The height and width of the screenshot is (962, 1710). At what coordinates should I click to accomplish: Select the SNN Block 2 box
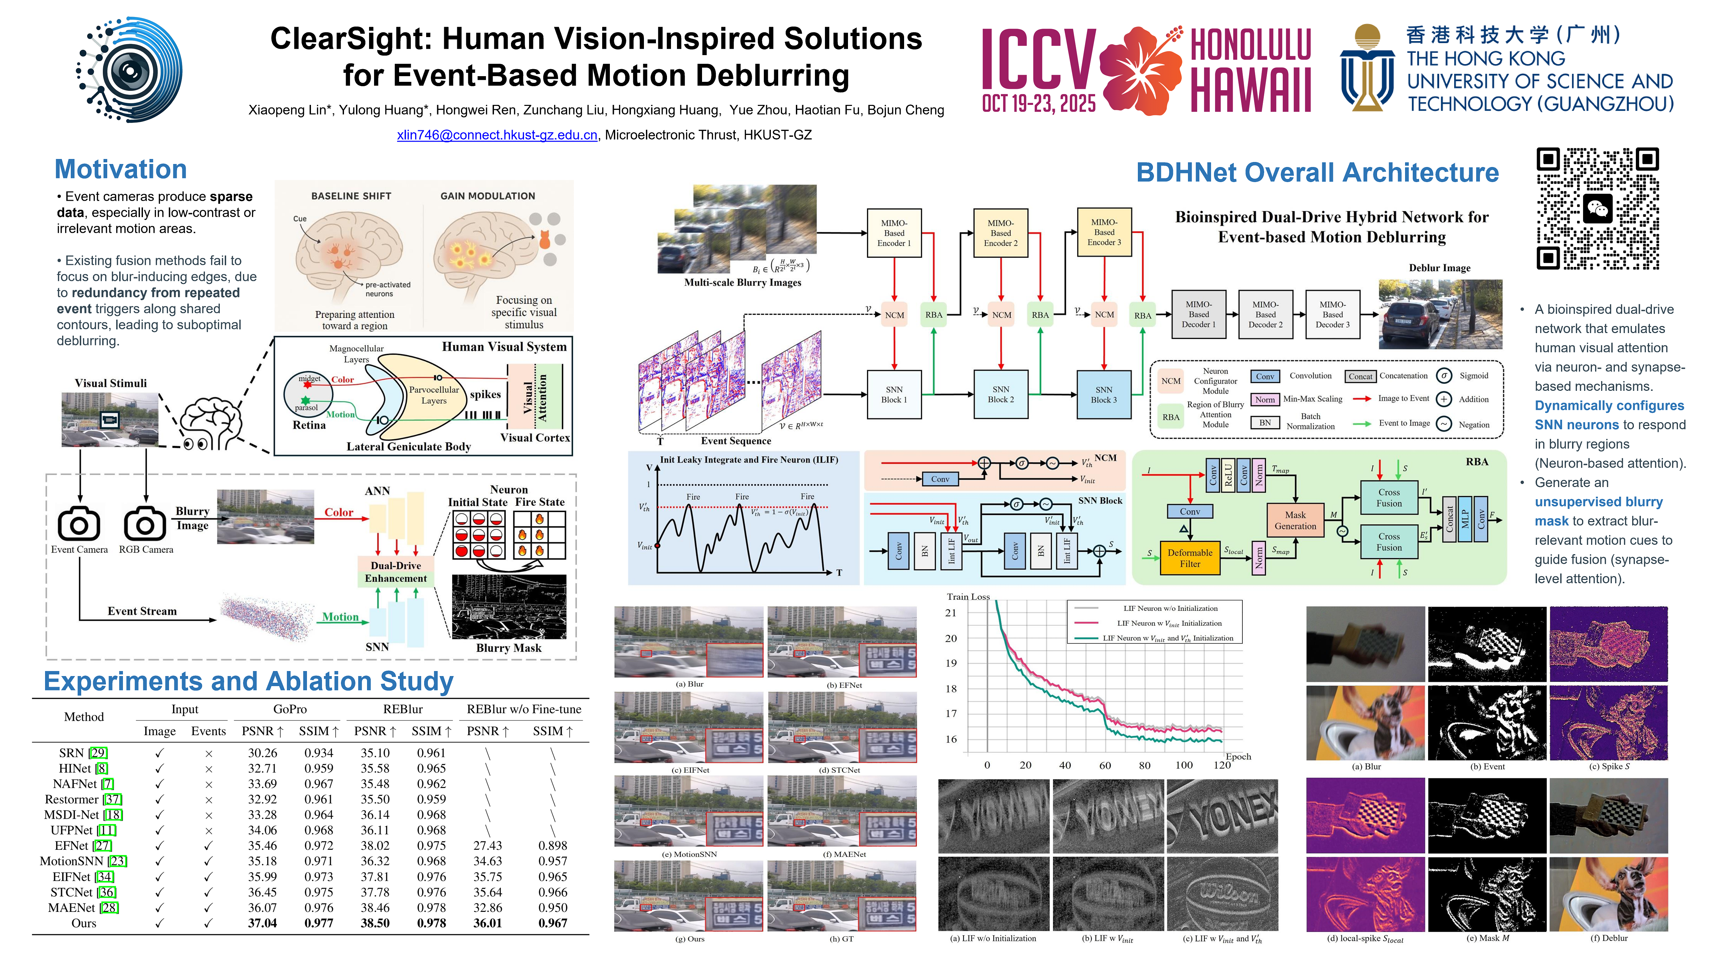click(x=1000, y=394)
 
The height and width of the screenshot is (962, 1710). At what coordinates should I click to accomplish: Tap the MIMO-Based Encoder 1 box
click(x=893, y=233)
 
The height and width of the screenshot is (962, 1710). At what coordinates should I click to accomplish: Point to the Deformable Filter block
click(x=1190, y=558)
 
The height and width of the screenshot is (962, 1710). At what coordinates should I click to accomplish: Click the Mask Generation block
click(x=1295, y=520)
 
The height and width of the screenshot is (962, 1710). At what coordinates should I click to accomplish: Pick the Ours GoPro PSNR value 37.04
click(x=262, y=923)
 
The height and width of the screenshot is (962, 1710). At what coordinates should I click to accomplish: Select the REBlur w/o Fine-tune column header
click(x=524, y=709)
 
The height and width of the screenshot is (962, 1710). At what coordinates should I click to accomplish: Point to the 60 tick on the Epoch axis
click(x=1104, y=765)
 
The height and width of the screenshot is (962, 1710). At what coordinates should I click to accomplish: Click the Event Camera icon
click(x=79, y=524)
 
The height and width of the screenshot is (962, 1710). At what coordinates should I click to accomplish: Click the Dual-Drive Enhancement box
click(x=396, y=572)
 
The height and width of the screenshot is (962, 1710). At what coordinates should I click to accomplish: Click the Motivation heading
click(x=121, y=169)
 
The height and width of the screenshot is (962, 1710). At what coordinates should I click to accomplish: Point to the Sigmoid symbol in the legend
click(x=1444, y=376)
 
